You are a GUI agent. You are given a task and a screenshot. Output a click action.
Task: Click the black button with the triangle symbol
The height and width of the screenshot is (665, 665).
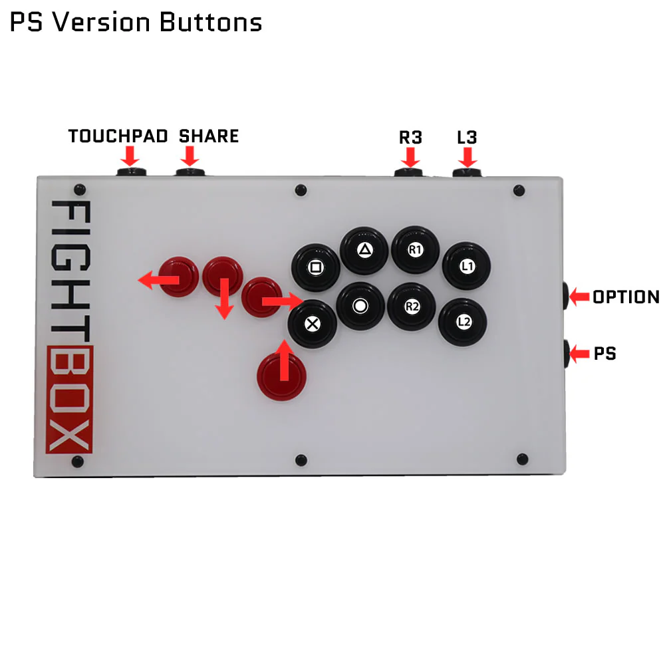click(364, 250)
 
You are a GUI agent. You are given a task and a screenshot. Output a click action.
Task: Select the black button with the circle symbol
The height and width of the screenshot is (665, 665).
click(360, 306)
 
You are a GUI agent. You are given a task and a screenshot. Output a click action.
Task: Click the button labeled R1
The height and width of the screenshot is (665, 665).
click(416, 250)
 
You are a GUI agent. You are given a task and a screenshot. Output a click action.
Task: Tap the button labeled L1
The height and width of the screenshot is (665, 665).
click(467, 266)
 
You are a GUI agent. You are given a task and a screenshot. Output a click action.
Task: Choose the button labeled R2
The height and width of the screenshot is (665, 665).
click(412, 307)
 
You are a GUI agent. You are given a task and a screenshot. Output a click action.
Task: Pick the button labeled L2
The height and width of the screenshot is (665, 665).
click(463, 321)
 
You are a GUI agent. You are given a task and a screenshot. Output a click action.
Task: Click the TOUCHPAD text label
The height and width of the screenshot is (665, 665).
click(118, 136)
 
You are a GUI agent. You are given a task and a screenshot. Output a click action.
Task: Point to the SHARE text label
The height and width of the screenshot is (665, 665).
click(209, 136)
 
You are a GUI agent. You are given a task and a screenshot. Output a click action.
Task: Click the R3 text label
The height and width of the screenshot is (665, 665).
click(410, 138)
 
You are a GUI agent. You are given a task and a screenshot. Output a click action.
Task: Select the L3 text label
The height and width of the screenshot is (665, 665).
click(467, 138)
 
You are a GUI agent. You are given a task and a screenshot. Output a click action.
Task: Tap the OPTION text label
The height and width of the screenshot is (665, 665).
click(626, 297)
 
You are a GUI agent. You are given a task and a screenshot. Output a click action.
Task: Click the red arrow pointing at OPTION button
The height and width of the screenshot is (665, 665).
click(579, 297)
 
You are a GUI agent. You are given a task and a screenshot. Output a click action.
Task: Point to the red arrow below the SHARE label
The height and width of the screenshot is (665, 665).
click(190, 156)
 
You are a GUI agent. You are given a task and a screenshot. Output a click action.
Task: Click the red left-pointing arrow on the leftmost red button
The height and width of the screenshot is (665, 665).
click(158, 281)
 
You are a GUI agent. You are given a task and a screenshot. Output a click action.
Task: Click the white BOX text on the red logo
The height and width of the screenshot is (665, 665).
click(69, 399)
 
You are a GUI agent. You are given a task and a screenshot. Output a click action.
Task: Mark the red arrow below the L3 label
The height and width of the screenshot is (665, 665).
click(467, 158)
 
